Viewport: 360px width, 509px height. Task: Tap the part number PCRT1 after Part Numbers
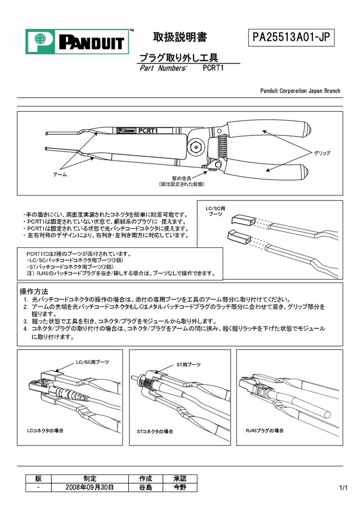[x=213, y=68]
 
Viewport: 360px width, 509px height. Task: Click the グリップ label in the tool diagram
[x=322, y=153]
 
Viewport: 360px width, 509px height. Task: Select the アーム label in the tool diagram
[x=60, y=175]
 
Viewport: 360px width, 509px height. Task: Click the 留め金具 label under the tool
[x=181, y=178]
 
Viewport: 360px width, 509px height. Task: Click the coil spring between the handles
[x=220, y=146]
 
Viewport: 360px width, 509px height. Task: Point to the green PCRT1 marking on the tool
[x=148, y=130]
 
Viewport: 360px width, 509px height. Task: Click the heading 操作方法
[x=34, y=292]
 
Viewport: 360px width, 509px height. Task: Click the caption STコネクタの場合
[x=155, y=431]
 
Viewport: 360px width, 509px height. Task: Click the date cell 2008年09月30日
[x=90, y=487]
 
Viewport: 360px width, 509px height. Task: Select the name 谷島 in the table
[x=146, y=487]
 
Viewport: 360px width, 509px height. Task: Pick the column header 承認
[x=180, y=478]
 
